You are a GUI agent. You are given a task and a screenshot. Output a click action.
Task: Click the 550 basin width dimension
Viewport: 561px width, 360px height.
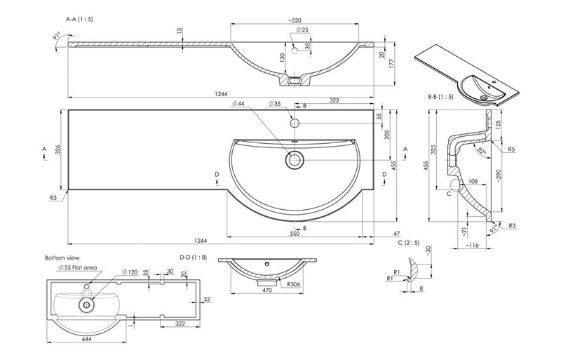(x=295, y=234)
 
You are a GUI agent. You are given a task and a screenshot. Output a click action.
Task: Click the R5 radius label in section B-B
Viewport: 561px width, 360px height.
(x=513, y=149)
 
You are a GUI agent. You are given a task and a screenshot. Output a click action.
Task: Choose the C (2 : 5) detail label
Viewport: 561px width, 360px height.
(x=408, y=242)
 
